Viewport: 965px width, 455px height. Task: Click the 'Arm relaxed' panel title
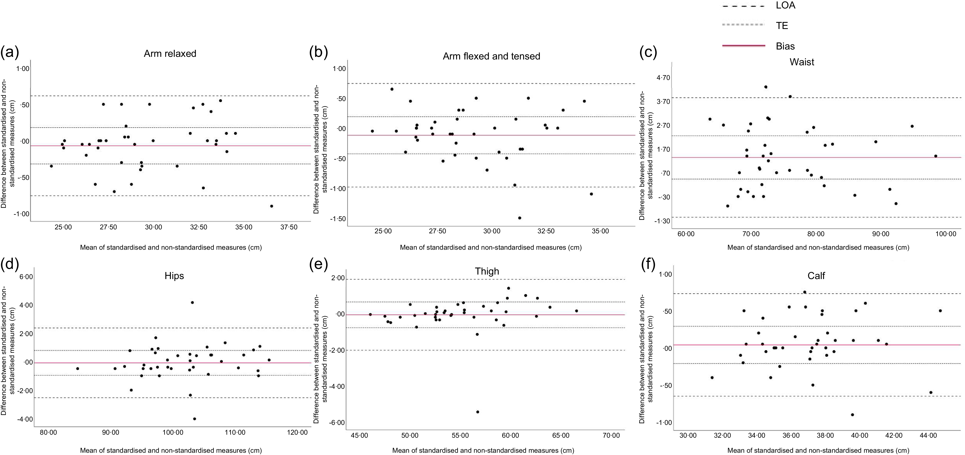[170, 54]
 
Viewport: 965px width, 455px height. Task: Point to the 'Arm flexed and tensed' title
[491, 56]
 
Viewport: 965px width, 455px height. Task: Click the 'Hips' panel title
[174, 276]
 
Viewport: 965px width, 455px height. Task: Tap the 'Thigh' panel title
[487, 271]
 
